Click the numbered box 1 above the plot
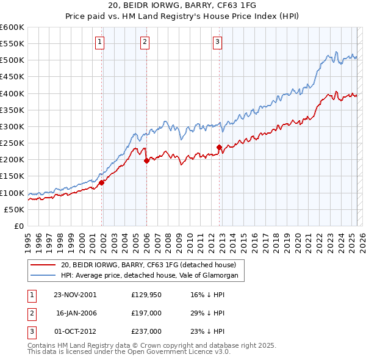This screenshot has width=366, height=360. [x=99, y=42]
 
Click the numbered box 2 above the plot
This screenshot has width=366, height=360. [x=145, y=42]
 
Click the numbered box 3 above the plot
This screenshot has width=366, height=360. [x=217, y=42]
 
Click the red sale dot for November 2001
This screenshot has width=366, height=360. [x=102, y=182]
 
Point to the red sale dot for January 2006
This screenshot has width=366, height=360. [x=147, y=160]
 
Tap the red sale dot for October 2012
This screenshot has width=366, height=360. [x=219, y=147]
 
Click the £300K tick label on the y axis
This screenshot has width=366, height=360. [x=12, y=127]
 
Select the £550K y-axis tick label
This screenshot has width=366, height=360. [x=12, y=44]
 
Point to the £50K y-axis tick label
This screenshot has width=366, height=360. [x=15, y=209]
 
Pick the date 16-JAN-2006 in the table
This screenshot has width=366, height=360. [x=76, y=312]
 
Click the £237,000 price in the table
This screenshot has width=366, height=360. [x=146, y=331]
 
